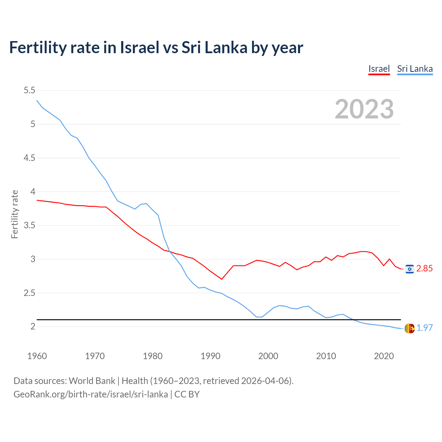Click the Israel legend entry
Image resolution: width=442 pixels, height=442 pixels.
[379, 69]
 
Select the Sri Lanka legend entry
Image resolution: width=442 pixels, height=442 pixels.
[415, 69]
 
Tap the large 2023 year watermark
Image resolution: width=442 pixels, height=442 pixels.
[364, 109]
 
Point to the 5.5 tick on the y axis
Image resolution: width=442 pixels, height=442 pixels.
[29, 90]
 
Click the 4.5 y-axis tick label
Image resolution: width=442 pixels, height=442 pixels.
[29, 158]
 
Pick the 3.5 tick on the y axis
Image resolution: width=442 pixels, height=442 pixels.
[29, 225]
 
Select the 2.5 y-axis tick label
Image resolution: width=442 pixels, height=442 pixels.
[29, 293]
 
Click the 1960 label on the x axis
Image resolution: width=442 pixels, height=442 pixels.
[37, 356]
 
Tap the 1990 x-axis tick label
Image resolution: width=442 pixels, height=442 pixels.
[210, 356]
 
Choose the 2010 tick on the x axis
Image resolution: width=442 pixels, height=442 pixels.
[326, 356]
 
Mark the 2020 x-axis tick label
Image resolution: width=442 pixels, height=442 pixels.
[384, 356]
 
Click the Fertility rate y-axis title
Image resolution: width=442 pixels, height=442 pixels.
[15, 214]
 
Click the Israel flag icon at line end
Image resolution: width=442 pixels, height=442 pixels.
[410, 269]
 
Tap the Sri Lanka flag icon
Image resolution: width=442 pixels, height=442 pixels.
[410, 328]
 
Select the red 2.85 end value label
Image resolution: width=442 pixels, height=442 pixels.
[424, 269]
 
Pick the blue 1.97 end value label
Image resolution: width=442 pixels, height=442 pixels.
[424, 328]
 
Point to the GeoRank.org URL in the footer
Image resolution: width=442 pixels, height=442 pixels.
[90, 394]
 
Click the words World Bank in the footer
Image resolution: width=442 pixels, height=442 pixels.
[92, 381]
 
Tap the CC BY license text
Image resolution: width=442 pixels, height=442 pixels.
[187, 394]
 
